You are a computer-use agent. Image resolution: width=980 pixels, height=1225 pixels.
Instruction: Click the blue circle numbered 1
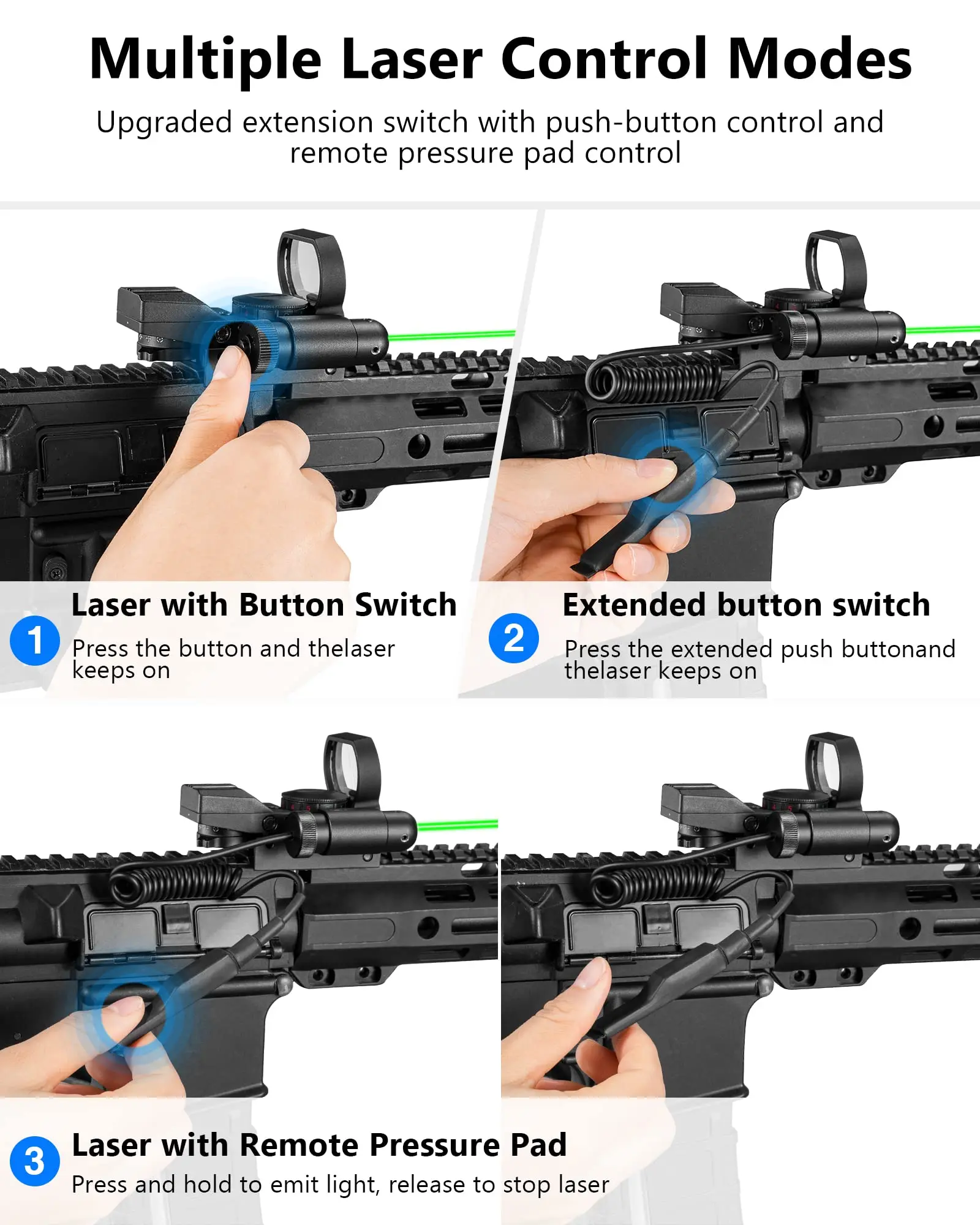[35, 640]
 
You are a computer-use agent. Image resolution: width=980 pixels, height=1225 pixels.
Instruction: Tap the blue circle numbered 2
[514, 638]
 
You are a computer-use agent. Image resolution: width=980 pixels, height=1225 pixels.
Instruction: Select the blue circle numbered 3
[35, 1161]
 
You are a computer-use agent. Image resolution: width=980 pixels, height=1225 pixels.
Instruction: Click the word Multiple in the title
[205, 60]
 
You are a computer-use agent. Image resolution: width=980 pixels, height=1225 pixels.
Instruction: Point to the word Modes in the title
[820, 59]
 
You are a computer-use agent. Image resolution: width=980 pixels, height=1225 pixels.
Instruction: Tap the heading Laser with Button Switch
[264, 605]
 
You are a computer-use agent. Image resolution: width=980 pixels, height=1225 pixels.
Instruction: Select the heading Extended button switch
[746, 605]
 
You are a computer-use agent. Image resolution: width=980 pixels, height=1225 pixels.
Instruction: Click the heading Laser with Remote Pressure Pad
[319, 1145]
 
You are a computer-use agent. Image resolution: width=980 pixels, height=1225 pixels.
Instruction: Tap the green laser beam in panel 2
[943, 330]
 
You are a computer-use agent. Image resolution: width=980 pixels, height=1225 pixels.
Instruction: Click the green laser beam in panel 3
[458, 825]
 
